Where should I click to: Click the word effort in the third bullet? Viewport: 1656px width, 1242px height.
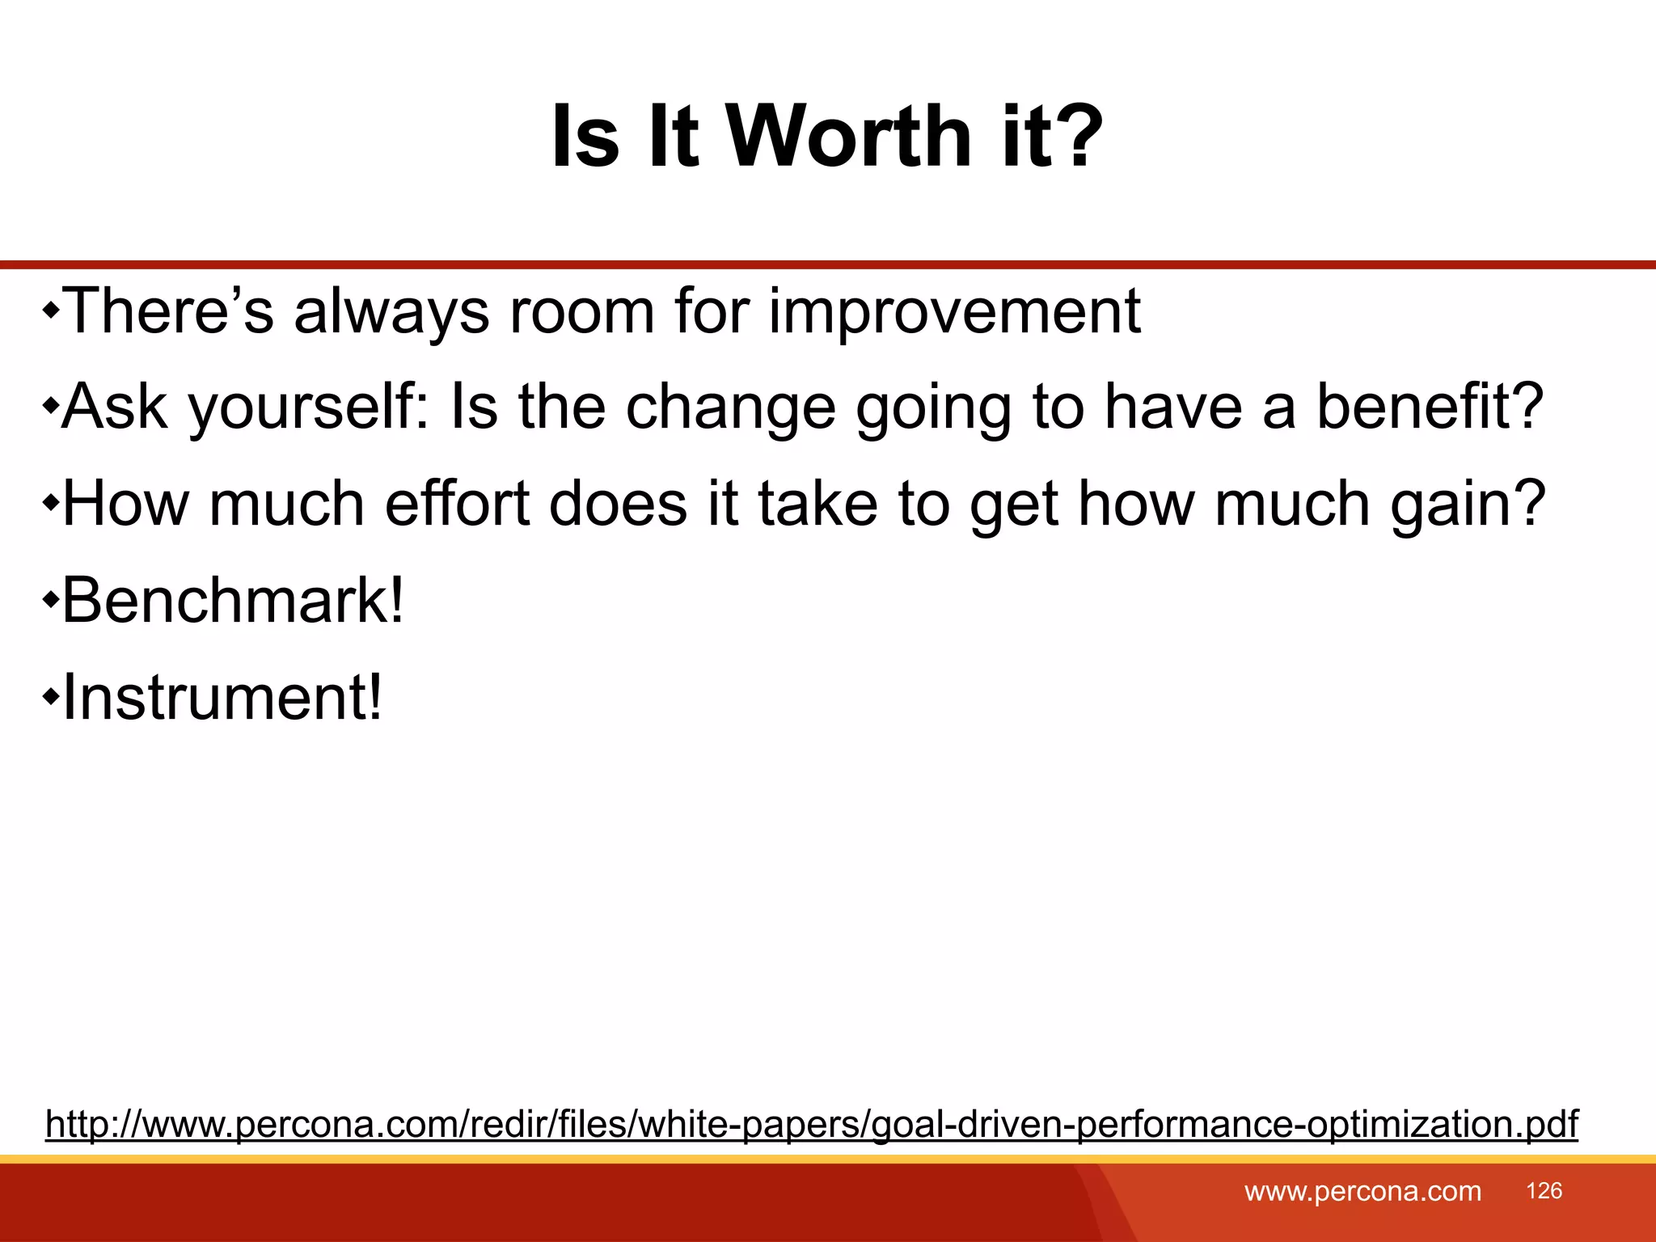[x=456, y=504]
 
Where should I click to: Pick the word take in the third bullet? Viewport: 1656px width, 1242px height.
[x=817, y=504]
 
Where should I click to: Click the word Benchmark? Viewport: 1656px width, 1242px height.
[x=233, y=601]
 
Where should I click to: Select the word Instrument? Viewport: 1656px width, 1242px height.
[x=222, y=697]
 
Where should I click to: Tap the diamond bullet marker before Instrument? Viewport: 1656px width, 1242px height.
[x=51, y=695]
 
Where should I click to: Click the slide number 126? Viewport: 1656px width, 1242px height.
[x=1544, y=1191]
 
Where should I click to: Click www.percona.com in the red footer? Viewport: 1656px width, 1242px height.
[x=1362, y=1192]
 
